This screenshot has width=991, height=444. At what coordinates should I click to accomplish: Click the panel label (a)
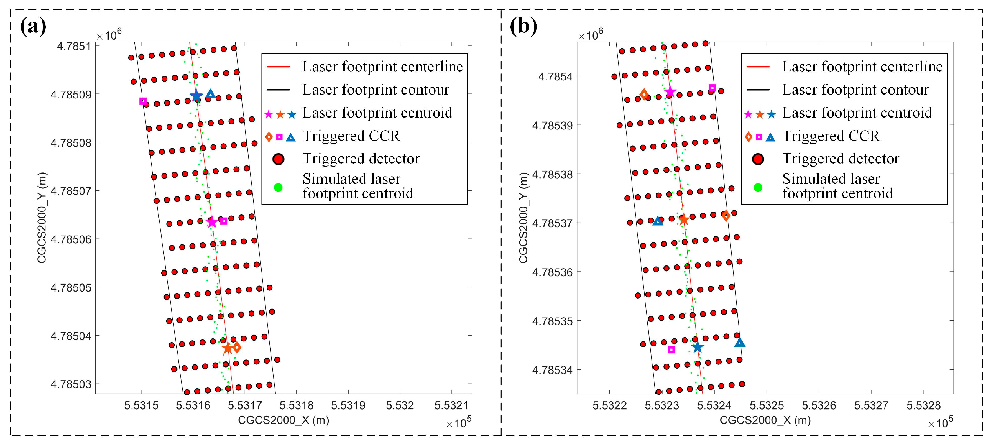click(x=33, y=26)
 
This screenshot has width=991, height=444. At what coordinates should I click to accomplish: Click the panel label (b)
click(x=523, y=26)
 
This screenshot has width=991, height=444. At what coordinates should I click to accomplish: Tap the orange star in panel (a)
click(x=227, y=348)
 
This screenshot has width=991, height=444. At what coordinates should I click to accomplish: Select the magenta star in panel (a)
click(x=212, y=222)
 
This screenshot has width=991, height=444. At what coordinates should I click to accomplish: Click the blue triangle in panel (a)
click(x=211, y=94)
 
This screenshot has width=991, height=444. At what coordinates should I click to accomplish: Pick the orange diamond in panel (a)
click(x=237, y=347)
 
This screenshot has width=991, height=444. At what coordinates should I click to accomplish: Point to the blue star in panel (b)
click(x=697, y=347)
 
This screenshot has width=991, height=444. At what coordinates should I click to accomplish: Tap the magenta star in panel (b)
click(x=670, y=92)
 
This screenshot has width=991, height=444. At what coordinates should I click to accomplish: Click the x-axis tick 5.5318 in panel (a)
click(x=296, y=405)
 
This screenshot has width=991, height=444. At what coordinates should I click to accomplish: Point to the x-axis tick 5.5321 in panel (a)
click(x=451, y=405)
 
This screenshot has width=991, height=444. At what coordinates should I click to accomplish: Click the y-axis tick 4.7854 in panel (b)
click(x=555, y=77)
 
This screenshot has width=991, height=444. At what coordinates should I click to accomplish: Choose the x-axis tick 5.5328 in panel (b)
click(x=923, y=405)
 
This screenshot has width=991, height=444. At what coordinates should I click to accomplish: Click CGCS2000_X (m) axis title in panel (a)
click(x=284, y=420)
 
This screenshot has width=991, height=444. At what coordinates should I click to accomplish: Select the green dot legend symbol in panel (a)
click(x=278, y=188)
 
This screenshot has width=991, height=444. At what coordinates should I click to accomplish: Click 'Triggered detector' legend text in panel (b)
click(x=841, y=159)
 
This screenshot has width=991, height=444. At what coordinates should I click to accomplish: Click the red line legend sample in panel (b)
click(x=758, y=67)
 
